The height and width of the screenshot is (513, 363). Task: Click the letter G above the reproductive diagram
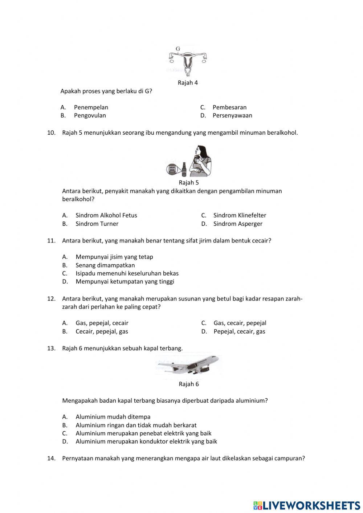pos(178,49)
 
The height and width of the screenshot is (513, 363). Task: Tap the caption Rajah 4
pos(188,83)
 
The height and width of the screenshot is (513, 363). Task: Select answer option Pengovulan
pos(90,115)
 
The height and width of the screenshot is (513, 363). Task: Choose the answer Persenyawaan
pos(232,115)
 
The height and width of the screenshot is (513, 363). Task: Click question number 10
pos(51,133)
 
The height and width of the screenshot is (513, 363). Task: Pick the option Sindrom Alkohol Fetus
pos(106,215)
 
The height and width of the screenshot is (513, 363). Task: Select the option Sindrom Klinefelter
pos(240,215)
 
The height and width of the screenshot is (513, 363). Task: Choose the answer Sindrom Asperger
pos(238,224)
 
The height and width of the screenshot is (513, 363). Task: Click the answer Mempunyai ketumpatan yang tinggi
pos(125,281)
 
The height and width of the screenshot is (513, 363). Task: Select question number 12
pos(51,299)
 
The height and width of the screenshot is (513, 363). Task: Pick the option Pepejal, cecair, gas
pos(239,331)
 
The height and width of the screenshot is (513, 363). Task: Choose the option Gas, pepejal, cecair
pos(102,323)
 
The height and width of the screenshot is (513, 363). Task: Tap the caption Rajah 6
pos(189,384)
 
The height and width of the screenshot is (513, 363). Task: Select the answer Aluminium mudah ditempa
pos(113,417)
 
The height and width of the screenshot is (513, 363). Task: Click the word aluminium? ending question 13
pos(252,401)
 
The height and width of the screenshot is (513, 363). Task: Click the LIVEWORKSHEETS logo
pos(307,505)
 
